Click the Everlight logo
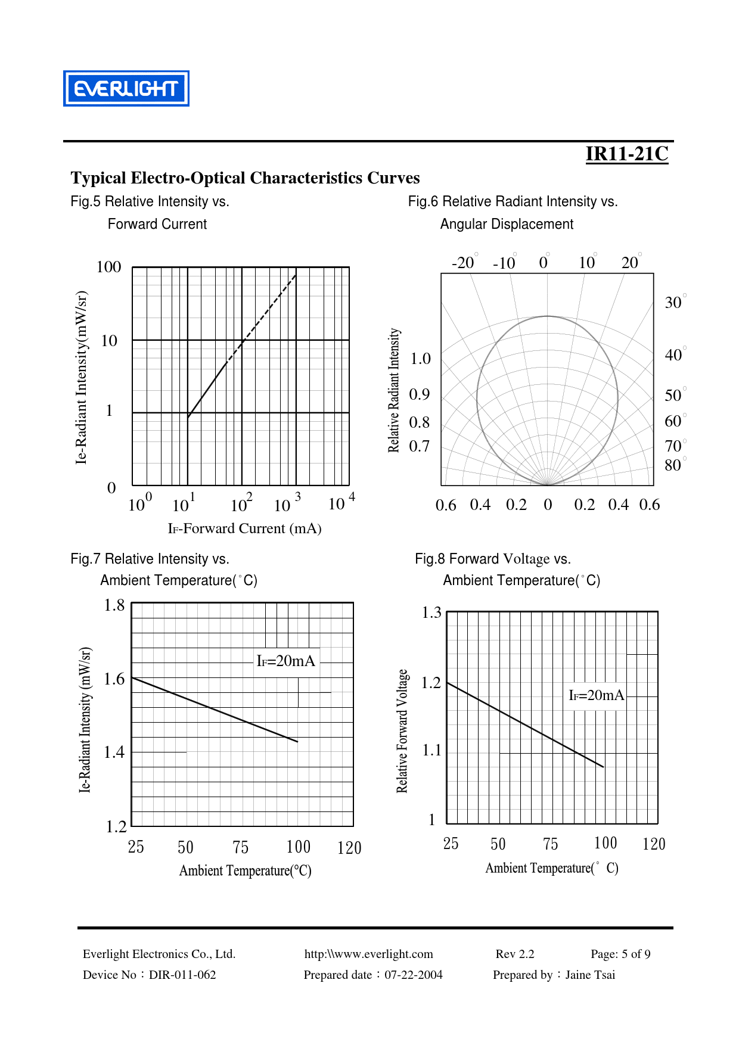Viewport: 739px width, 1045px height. (126, 89)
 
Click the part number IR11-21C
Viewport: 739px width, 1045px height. (626, 154)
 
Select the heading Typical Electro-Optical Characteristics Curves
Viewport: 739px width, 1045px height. (245, 178)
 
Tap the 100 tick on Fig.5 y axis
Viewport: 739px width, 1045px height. (108, 267)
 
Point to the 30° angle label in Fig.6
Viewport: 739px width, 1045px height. (674, 303)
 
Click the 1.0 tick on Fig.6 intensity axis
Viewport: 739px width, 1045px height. (420, 359)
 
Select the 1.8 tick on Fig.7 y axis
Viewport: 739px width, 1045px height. (114, 605)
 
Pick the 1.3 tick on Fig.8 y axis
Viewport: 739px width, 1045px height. (431, 612)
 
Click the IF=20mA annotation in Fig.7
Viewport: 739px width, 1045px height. (285, 661)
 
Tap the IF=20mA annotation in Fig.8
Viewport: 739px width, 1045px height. (596, 695)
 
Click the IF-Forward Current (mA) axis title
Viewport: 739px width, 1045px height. (244, 528)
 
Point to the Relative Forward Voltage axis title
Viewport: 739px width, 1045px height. (402, 730)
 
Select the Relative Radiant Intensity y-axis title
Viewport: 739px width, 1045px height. (394, 390)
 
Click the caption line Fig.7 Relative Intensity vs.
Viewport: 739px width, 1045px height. (150, 559)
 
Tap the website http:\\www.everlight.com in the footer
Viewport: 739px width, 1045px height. (368, 954)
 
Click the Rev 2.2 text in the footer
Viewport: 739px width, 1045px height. (515, 954)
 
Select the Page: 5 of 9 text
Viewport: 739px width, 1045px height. (620, 954)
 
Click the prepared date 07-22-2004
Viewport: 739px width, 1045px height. (413, 975)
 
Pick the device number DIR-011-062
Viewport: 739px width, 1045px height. (182, 975)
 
